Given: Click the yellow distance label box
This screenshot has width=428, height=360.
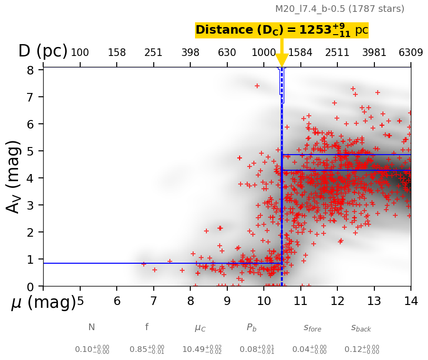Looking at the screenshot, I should (282, 30).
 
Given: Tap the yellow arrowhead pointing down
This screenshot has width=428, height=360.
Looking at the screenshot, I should (282, 60).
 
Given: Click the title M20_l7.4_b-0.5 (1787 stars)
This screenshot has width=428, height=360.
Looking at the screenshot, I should (340, 9).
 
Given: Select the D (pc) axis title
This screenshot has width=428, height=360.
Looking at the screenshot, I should (43, 51).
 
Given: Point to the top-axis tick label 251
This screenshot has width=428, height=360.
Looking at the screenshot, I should (153, 52).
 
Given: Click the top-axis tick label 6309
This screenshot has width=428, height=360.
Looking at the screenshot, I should (411, 52).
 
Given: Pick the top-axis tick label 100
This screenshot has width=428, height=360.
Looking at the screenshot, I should (80, 52).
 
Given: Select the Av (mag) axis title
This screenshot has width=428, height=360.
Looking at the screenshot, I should (14, 176).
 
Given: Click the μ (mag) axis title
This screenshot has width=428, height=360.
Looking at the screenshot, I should (44, 302).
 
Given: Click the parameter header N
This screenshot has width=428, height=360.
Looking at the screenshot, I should (92, 327).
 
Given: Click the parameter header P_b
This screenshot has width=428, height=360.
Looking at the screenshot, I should (251, 328).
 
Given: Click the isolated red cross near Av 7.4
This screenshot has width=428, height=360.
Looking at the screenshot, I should (257, 86).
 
